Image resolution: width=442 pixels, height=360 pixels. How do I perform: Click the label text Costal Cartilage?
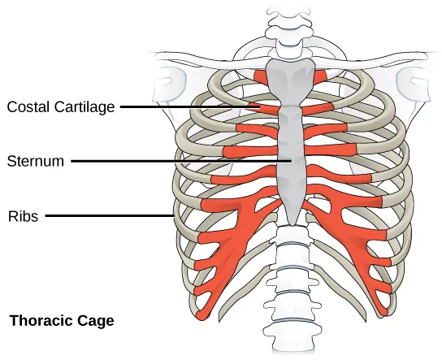point(62,106)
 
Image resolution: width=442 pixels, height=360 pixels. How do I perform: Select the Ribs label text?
point(22,216)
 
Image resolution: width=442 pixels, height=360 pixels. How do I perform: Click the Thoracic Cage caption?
point(62,321)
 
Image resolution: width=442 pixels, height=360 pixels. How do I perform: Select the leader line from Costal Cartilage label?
point(187,106)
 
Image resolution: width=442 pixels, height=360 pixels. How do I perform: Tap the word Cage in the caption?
point(97,321)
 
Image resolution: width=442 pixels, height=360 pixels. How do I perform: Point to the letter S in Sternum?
point(10,161)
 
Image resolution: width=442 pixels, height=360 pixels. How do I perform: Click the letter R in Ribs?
point(11,216)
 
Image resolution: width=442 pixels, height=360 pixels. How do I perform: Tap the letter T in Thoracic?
point(12,321)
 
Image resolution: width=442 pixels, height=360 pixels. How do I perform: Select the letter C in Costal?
point(11,106)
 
